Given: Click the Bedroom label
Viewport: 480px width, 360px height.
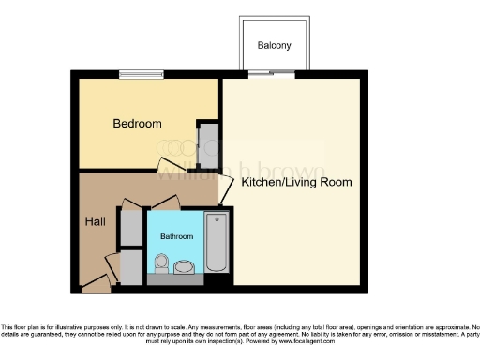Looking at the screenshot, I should coord(137,124).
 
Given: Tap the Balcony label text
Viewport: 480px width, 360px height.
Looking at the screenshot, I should coord(274,45).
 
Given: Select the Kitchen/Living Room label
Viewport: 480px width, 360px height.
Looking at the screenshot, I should coord(296,182).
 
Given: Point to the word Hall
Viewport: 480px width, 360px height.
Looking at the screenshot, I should coord(96,221).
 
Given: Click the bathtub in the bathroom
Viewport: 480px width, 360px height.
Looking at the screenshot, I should coord(217,243).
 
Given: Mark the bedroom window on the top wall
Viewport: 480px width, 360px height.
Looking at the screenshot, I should coord(140,75).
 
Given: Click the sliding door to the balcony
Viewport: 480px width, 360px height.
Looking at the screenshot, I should coord(273,74).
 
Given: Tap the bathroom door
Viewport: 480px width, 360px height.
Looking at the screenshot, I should coord(165,202).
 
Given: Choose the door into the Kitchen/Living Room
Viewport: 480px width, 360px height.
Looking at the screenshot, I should coord(225,191).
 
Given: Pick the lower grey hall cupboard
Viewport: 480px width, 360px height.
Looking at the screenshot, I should coord(132,266).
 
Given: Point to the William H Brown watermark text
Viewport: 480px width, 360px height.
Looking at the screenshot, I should coord(240,171).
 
